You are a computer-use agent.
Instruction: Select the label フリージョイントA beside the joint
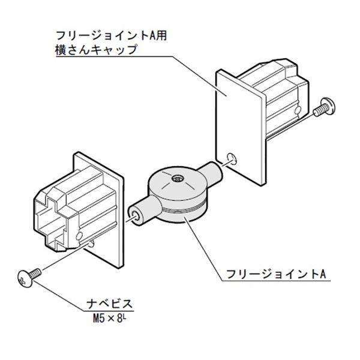(275, 275)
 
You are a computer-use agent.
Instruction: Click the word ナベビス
(112, 304)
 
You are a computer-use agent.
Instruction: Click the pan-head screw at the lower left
(30, 277)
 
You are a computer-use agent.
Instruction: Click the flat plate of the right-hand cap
(237, 120)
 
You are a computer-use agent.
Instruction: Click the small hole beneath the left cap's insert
(90, 243)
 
